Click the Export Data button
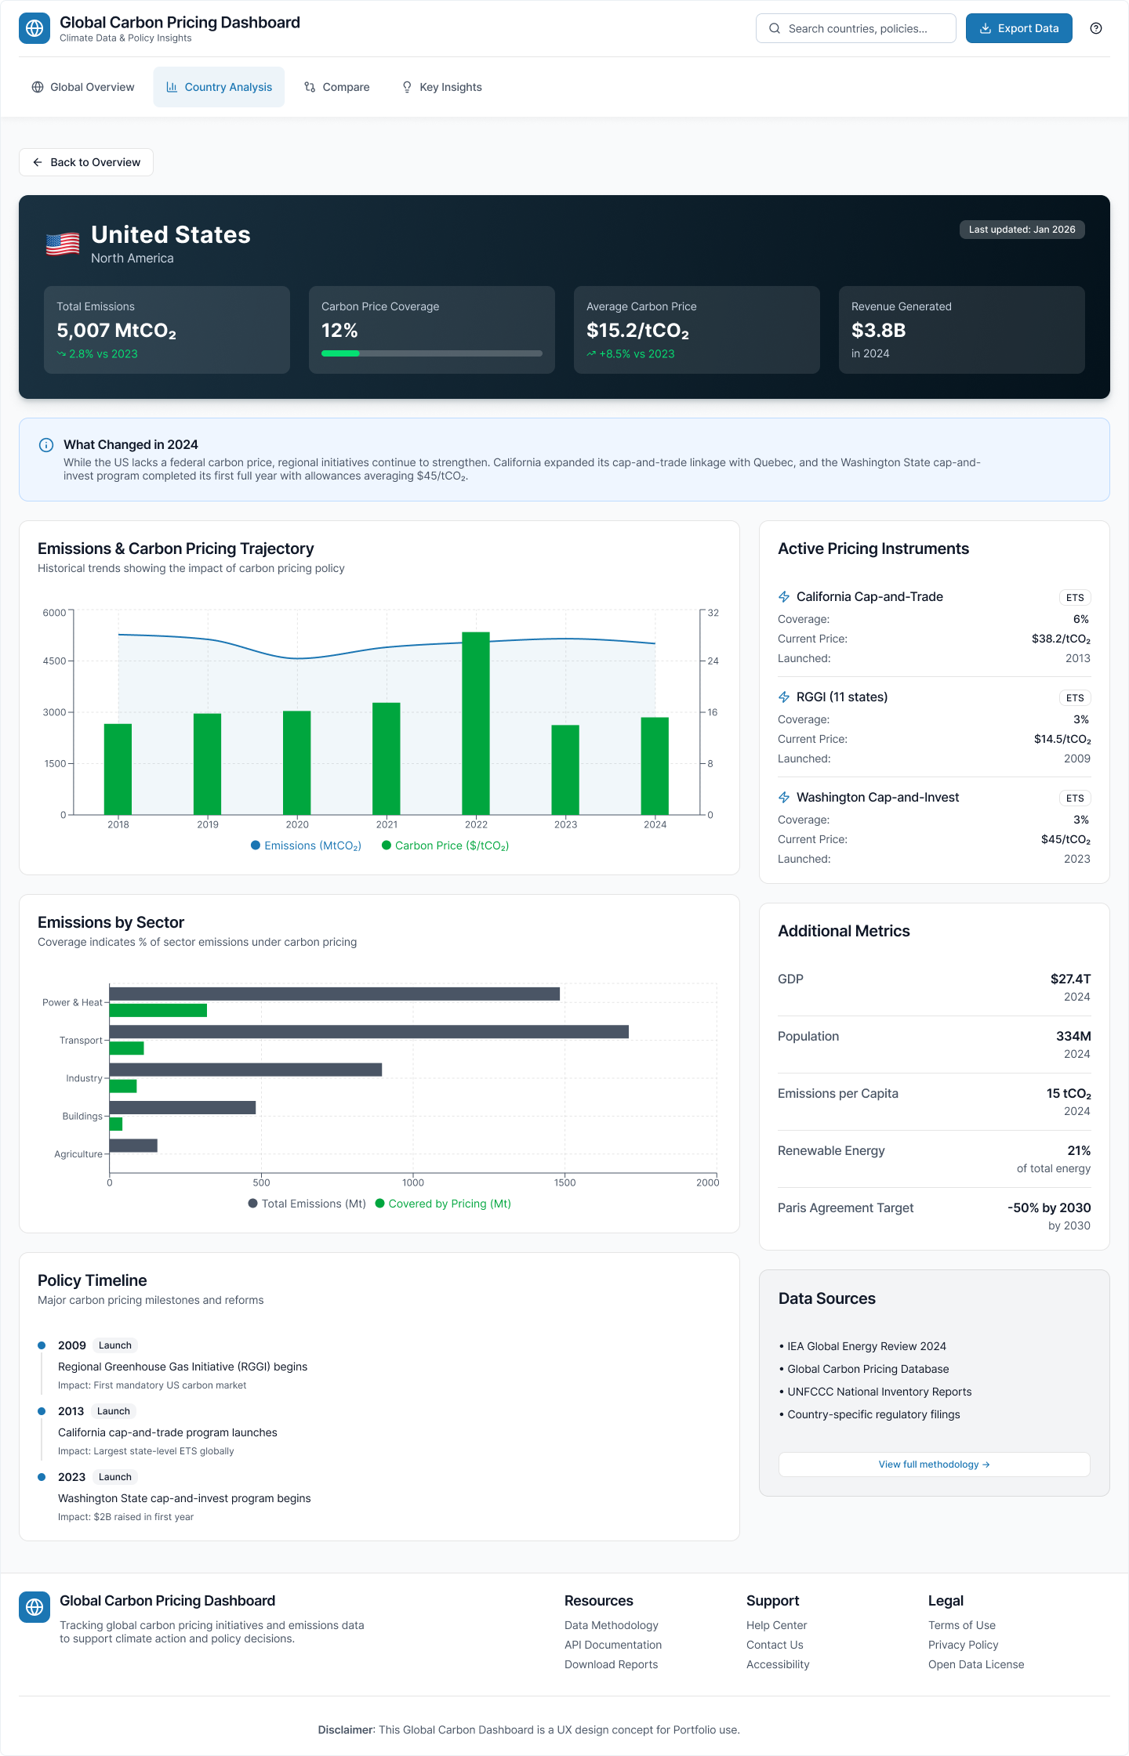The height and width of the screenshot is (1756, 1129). [x=1018, y=28]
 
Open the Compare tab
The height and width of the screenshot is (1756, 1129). [x=337, y=87]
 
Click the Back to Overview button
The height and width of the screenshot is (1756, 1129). [x=86, y=162]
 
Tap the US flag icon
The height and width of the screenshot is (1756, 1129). [x=63, y=244]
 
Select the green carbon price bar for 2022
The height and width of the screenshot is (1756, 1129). [x=476, y=722]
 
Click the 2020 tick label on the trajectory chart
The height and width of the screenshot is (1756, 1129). [x=297, y=824]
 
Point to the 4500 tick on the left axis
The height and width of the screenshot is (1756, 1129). [x=55, y=661]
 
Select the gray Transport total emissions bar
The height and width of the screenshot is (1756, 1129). [x=368, y=1032]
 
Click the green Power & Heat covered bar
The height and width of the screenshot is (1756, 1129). [x=158, y=1010]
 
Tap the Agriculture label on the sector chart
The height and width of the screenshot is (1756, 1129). [x=78, y=1154]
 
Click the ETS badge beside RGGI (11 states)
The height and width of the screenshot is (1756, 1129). [x=1075, y=697]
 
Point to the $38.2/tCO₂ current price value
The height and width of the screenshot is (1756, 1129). [x=1061, y=639]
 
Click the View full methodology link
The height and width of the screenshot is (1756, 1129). [x=934, y=1464]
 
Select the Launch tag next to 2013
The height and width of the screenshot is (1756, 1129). [x=114, y=1411]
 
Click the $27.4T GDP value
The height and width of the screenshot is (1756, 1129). [x=1070, y=979]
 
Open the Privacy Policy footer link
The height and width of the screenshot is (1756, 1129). [x=963, y=1645]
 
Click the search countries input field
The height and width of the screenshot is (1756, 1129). [x=856, y=28]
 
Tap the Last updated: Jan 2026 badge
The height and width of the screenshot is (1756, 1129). [x=1022, y=230]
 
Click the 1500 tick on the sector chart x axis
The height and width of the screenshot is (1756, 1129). [x=564, y=1182]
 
